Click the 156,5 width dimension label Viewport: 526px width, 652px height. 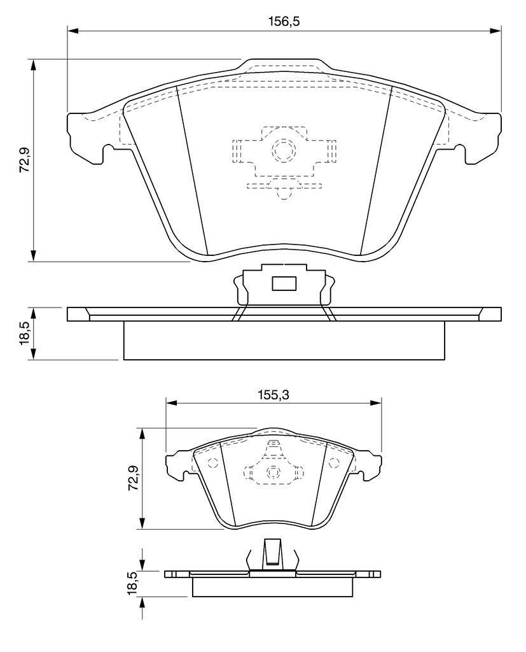pyautogui.click(x=284, y=21)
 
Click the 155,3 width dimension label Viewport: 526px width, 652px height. pyautogui.click(x=273, y=395)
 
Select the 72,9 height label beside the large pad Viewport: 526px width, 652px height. pyautogui.click(x=25, y=160)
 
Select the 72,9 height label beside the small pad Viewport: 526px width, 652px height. pyautogui.click(x=134, y=478)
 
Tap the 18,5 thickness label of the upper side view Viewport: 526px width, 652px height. pyautogui.click(x=25, y=332)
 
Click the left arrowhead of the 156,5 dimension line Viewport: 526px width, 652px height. pyautogui.click(x=73, y=31)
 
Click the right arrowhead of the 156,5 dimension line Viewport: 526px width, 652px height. pyautogui.click(x=495, y=31)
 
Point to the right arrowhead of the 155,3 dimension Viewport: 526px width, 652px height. pyautogui.click(x=376, y=402)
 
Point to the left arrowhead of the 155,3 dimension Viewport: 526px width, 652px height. pyautogui.click(x=172, y=402)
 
